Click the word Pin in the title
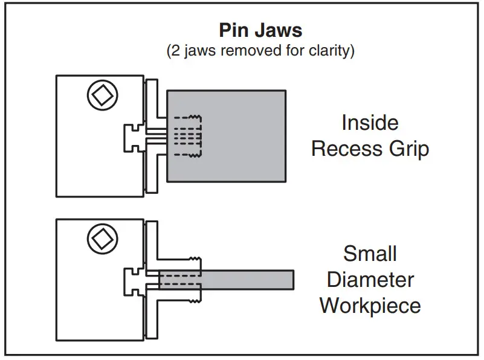234,30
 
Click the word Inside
370,123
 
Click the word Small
370,253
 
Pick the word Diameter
370,279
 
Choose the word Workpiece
370,306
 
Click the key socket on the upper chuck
102,95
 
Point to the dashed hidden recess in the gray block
187,136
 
